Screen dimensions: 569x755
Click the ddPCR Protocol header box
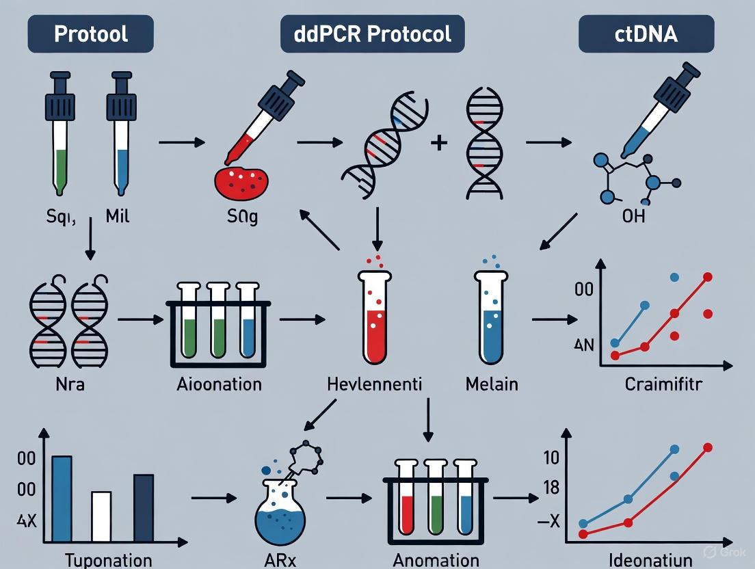pos(372,34)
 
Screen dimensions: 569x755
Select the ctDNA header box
pos(646,34)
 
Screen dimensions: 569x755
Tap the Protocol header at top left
pos(90,34)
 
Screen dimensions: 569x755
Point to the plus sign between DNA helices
pos(438,143)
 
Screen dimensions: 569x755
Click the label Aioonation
pos(218,384)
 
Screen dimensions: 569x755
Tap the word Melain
pos(492,384)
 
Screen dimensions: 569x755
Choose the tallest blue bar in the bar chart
pos(62,499)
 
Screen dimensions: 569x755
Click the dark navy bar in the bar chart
pos(144,509)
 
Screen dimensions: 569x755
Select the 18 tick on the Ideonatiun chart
pos(551,488)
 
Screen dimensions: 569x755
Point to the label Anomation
pos(436,560)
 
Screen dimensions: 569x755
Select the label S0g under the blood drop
pos(242,219)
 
